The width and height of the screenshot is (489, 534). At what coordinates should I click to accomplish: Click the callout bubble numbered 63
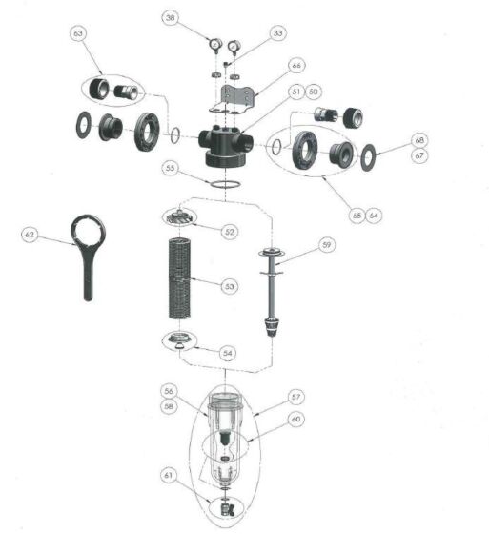[78, 33]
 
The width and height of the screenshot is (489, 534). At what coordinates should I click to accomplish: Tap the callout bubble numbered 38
[171, 17]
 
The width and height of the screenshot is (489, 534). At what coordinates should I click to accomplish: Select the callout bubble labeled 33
[278, 33]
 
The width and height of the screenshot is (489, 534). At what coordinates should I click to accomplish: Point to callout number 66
[296, 65]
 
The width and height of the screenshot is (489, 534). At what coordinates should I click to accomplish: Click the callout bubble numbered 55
[170, 168]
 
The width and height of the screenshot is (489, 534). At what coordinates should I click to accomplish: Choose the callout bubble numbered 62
[30, 235]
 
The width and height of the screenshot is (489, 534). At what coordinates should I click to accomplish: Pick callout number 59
[327, 244]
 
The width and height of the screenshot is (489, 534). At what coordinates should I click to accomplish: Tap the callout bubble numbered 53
[230, 286]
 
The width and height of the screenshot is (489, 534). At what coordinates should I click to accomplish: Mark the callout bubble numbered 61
[169, 475]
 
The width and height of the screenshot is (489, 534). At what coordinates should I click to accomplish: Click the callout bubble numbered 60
[295, 419]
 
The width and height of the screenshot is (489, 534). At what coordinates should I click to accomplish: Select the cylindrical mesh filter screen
[179, 278]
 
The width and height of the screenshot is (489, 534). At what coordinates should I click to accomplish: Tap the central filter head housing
[225, 147]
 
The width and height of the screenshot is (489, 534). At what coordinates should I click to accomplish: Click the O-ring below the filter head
[225, 185]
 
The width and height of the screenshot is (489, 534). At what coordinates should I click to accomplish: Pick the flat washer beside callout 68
[368, 157]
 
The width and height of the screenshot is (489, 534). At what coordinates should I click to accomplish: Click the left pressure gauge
[215, 45]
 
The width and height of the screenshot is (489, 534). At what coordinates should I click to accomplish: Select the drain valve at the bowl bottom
[227, 509]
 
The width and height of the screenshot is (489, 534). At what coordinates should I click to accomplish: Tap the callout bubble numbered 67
[419, 155]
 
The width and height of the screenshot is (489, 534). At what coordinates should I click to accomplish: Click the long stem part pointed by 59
[272, 292]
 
